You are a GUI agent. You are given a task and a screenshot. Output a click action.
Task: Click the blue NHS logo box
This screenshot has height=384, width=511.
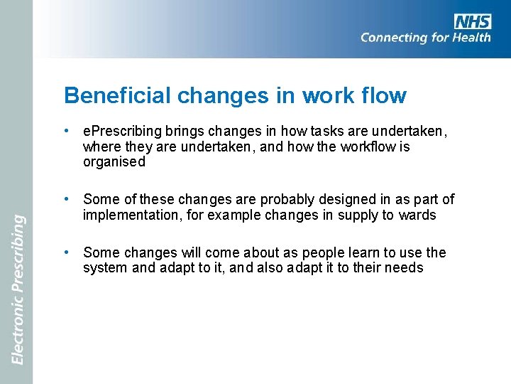tap(472, 21)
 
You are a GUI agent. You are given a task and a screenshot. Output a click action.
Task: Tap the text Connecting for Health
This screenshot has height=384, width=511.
tap(425, 38)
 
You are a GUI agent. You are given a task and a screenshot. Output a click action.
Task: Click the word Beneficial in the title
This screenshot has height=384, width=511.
tap(118, 95)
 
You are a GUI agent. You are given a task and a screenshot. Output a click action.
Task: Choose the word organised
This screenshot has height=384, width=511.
tap(114, 161)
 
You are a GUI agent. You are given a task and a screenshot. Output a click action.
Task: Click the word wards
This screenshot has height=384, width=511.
tap(417, 215)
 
